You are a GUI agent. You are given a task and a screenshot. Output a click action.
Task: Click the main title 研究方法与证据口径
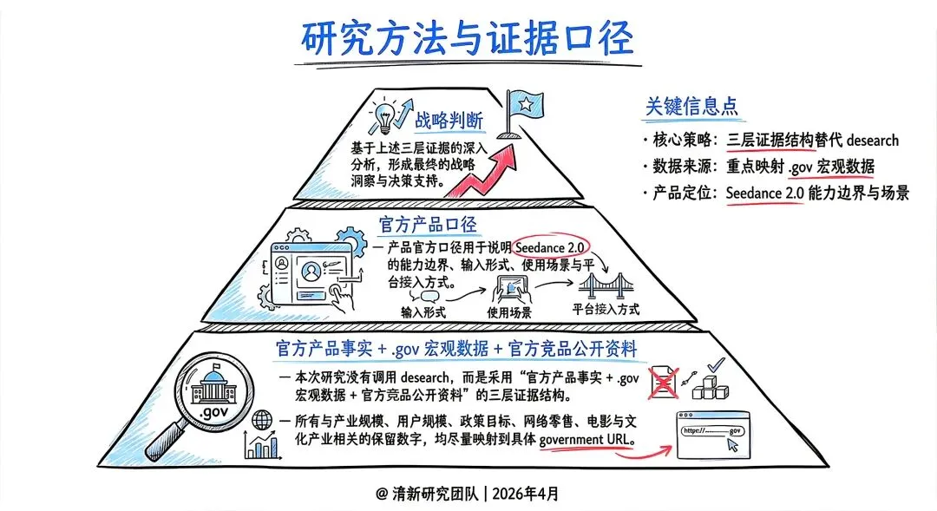[x=468, y=37]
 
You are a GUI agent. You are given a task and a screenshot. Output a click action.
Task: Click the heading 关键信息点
[x=691, y=106]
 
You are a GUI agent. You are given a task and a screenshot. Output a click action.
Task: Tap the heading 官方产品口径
[x=428, y=225]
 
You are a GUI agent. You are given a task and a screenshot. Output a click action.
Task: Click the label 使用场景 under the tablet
[x=508, y=311]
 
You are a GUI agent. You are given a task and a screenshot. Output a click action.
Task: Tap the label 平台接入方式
[x=606, y=309]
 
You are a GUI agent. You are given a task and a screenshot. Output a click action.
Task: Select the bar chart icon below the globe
[x=260, y=447]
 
